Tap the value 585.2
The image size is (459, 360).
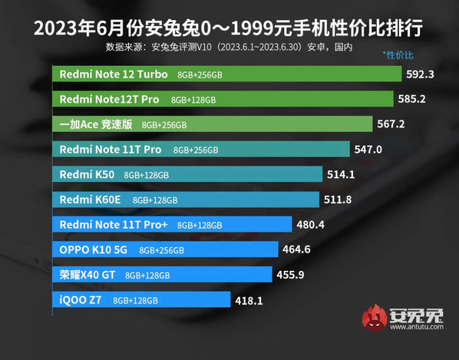(x=411, y=99)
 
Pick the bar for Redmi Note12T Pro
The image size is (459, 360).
(x=223, y=99)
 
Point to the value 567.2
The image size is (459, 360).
(x=391, y=124)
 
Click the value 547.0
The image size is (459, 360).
(x=368, y=149)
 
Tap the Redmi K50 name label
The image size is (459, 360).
(x=87, y=174)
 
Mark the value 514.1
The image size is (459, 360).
(x=342, y=174)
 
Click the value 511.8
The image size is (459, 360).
(x=341, y=200)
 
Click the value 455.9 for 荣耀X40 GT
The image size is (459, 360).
(x=290, y=274)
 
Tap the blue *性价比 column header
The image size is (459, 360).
(x=398, y=55)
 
